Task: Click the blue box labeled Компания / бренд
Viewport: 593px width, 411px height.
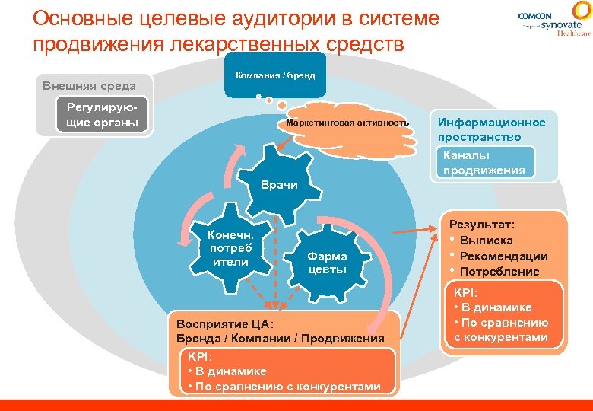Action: (x=275, y=76)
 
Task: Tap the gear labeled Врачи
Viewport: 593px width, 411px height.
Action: (x=279, y=183)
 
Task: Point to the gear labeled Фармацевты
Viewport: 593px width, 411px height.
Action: (x=327, y=263)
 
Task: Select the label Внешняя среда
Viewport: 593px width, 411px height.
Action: (x=89, y=86)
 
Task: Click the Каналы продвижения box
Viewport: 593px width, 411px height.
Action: (x=484, y=163)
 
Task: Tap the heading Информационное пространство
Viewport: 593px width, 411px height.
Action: (x=491, y=129)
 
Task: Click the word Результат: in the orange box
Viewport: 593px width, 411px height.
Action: (x=482, y=225)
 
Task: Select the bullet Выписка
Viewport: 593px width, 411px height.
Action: (x=486, y=241)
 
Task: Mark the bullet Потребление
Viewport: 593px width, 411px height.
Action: (x=499, y=272)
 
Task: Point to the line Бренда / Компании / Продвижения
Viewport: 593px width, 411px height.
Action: (x=280, y=338)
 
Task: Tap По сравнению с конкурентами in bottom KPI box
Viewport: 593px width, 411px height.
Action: (x=287, y=386)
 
